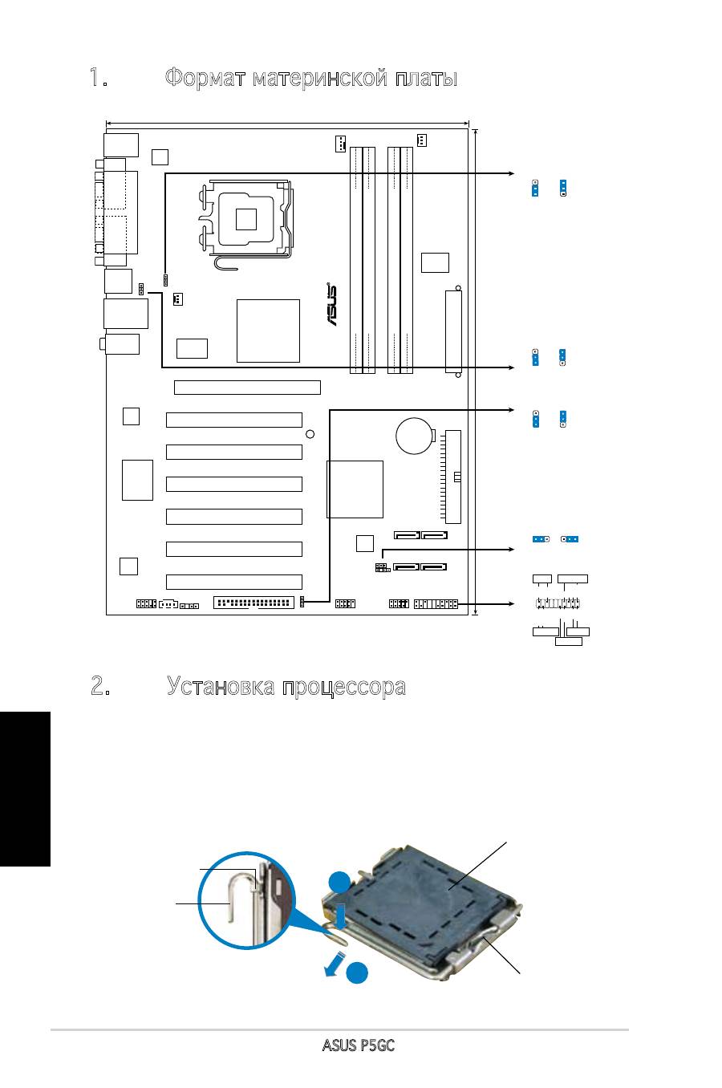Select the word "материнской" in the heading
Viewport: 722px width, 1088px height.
[x=320, y=79]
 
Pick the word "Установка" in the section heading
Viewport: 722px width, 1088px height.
[x=221, y=686]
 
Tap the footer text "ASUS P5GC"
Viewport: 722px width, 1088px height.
[x=359, y=1045]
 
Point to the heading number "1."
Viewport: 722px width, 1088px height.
[x=99, y=78]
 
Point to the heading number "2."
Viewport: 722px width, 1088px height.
[x=100, y=686]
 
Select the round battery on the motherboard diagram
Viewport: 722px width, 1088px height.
[x=414, y=436]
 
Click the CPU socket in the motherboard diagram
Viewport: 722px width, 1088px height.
[x=248, y=221]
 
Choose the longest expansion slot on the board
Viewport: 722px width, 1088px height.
[x=247, y=387]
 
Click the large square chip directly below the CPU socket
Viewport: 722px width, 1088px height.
[x=268, y=331]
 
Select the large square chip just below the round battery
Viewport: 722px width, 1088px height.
[x=355, y=489]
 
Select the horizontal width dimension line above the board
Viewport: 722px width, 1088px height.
[x=287, y=124]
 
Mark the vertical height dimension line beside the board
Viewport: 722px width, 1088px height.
[x=476, y=372]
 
